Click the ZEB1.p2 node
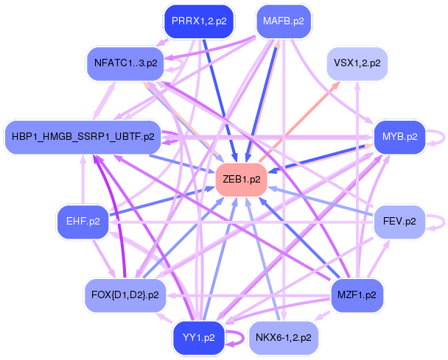point(242,180)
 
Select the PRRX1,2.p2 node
point(199,21)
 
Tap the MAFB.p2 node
point(284,21)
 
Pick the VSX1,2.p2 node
point(357,63)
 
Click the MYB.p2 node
point(399,137)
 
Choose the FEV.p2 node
point(399,222)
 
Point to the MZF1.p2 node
point(357,295)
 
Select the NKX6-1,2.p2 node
point(284,338)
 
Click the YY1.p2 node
point(199,338)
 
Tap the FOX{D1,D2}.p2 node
point(125,295)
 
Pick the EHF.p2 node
point(83,222)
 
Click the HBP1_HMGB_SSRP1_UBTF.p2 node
point(83,137)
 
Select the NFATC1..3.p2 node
point(126,63)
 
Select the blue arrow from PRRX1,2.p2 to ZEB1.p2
point(220,101)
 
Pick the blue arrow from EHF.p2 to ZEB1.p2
point(161,201)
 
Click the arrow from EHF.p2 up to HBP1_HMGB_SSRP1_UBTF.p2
point(83,180)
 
